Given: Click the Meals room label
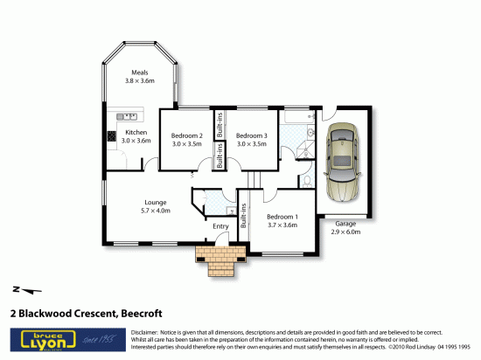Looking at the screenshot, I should click(139, 73).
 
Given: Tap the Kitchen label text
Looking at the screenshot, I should click(136, 132).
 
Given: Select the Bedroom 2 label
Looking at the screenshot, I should click(186, 135).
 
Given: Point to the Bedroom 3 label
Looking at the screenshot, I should click(251, 135).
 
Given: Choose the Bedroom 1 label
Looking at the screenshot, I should click(282, 216).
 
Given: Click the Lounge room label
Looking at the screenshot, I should click(156, 202).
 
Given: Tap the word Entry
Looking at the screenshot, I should click(220, 226).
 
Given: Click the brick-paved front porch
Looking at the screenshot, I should click(223, 257).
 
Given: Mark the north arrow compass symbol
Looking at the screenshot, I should click(27, 289).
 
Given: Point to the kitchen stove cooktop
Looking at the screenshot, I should click(112, 135).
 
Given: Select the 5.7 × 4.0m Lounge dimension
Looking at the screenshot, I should click(156, 211).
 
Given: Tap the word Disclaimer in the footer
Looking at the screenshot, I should click(145, 334).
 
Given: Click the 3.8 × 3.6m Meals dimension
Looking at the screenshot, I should click(139, 80).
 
